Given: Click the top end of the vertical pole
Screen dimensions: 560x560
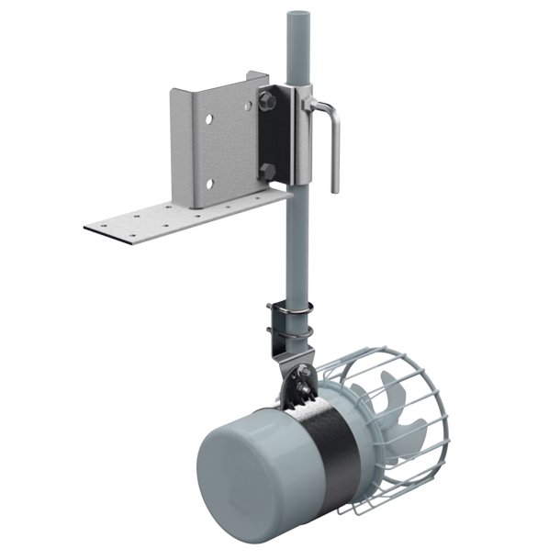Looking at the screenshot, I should coord(297,17).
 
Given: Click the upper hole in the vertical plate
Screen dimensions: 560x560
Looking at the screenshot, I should coord(211,118).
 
